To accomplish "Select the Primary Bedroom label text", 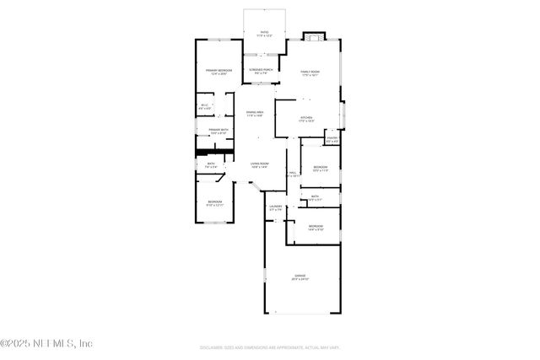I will coord(219,72).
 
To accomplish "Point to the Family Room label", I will coord(312,73).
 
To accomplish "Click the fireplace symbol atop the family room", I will coord(313,36).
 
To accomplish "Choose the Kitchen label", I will coord(306,119).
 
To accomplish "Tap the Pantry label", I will coord(332,139).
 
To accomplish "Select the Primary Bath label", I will coord(219,131).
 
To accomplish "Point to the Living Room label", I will coord(259,165).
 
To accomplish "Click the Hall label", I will coord(293,174).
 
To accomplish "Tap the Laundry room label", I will coord(275,207).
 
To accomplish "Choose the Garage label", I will coord(300,277).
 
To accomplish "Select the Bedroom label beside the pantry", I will coord(321,169).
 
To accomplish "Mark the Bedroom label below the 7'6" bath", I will coord(215,203).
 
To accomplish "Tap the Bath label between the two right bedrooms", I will coord(315,197).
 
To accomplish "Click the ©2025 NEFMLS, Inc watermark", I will coord(46,343).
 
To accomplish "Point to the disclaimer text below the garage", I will coord(270,347).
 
